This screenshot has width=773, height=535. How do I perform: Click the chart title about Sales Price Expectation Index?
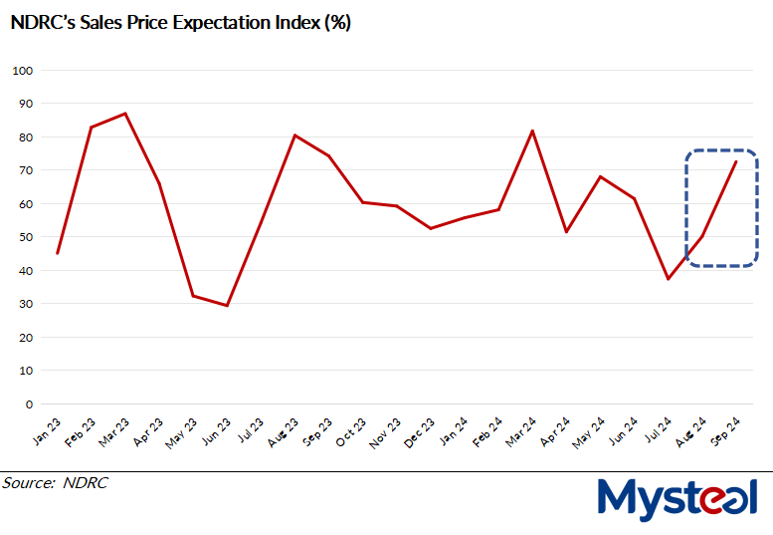(x=180, y=24)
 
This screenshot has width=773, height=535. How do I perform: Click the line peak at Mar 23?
(x=125, y=114)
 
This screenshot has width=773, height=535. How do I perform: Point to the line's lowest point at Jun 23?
(x=227, y=305)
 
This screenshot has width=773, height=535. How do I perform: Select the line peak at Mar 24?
(x=532, y=131)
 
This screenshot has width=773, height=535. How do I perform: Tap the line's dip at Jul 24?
(x=668, y=279)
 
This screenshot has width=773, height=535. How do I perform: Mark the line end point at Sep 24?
(x=735, y=161)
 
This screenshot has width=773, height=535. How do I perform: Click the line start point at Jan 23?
(x=58, y=253)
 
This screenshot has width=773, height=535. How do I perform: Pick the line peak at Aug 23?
(x=294, y=134)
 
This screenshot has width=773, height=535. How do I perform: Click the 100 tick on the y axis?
(x=23, y=71)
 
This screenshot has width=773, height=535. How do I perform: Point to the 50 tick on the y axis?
(x=26, y=237)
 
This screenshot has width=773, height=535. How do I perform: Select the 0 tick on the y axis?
(x=30, y=403)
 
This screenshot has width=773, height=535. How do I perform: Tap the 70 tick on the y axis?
(x=26, y=170)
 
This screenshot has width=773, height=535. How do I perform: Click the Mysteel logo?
(x=676, y=498)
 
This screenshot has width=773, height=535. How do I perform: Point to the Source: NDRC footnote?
(x=55, y=483)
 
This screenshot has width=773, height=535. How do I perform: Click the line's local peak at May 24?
(x=600, y=176)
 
